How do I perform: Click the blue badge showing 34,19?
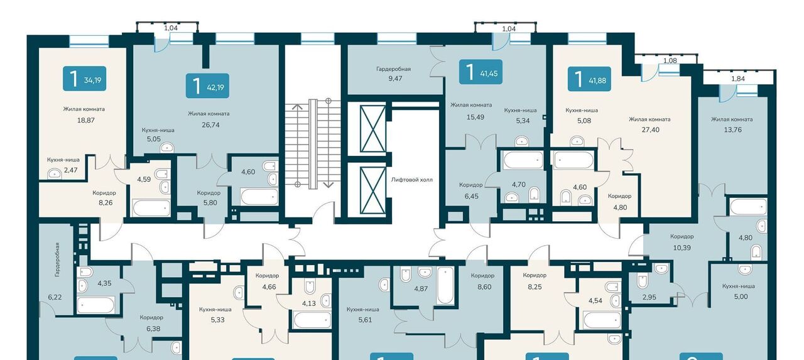(x=84, y=79)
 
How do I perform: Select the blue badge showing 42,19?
(x=207, y=85)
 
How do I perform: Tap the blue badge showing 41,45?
(x=481, y=72)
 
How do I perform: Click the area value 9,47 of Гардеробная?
(x=395, y=79)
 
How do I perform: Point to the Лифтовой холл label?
(x=411, y=180)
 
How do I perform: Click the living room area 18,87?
(x=86, y=120)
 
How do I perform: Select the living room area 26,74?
(x=210, y=125)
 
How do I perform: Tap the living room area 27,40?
(x=650, y=129)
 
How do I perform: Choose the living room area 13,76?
(x=732, y=129)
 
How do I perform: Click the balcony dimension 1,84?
(x=738, y=79)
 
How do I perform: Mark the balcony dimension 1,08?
(x=670, y=60)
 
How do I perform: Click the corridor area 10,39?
(x=682, y=248)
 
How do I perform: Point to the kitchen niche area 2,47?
(x=71, y=170)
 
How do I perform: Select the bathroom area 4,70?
(x=519, y=185)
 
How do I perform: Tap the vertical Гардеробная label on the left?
(x=57, y=260)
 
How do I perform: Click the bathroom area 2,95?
(x=649, y=297)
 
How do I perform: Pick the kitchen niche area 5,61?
(x=365, y=319)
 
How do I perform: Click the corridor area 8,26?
(x=106, y=202)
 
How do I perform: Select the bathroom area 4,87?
(x=421, y=288)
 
